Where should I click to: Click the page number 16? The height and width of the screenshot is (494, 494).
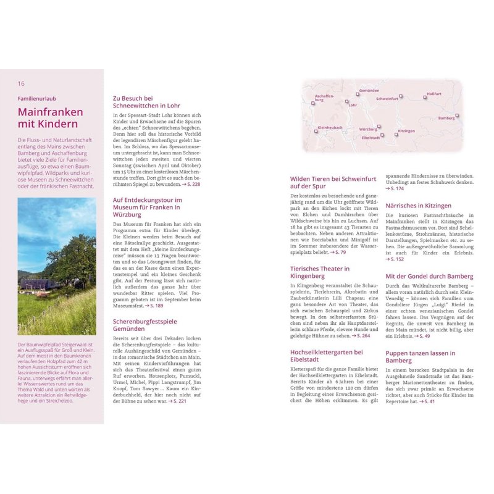coord(21,83)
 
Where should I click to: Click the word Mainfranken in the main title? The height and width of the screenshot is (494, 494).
coord(50,112)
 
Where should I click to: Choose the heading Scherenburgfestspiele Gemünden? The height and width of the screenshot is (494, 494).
coord(144,325)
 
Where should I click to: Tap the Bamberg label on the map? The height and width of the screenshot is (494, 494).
coord(446,118)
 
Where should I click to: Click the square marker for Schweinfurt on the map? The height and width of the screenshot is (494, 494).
coord(401,96)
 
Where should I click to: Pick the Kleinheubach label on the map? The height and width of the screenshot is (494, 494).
coord(329,128)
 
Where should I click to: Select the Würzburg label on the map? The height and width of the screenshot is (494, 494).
coord(368,130)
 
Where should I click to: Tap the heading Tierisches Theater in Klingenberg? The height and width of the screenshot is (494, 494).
coord(320,272)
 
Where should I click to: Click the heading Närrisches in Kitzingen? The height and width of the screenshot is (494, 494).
coord(418,206)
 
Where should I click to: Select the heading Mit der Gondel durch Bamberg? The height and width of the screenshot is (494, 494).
coord(429,276)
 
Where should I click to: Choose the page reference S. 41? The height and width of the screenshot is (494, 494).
coord(426,401)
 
